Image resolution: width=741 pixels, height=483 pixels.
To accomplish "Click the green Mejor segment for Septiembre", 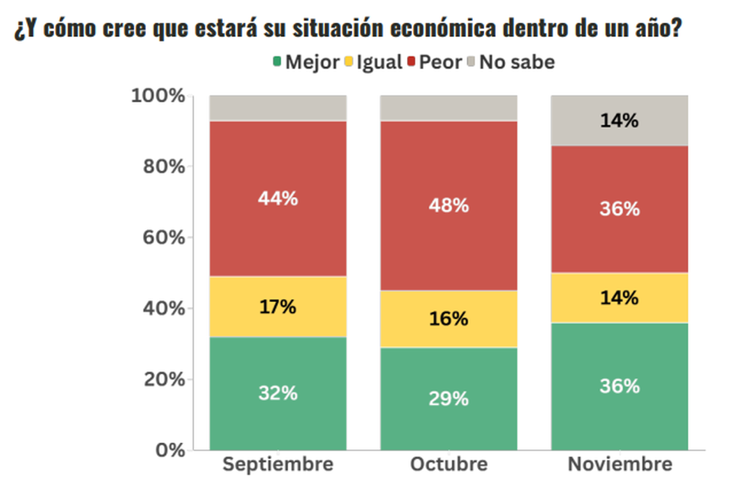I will coord(278,420).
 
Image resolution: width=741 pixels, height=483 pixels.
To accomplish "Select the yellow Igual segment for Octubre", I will coord(448,334).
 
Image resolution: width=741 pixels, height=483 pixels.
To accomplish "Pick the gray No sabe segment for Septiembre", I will coord(278,108).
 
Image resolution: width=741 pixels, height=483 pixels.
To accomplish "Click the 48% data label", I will coord(448,206).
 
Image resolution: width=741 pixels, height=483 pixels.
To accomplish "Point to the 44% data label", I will coord(278,199).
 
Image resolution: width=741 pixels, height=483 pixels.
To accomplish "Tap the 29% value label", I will coord(448,399).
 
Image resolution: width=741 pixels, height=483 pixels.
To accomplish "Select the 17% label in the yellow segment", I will coord(278,307).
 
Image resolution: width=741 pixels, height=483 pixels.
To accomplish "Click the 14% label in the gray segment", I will coord(619,120).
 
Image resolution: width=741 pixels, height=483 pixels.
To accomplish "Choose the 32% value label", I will coord(278,393).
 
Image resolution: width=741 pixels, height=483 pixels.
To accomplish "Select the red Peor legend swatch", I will coord(411,62).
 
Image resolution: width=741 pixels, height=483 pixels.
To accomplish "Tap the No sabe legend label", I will coord(517,62).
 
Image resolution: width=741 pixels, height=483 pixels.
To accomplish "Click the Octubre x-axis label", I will coord(448,464).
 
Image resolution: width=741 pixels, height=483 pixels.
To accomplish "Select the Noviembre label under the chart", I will coord(619,464).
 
